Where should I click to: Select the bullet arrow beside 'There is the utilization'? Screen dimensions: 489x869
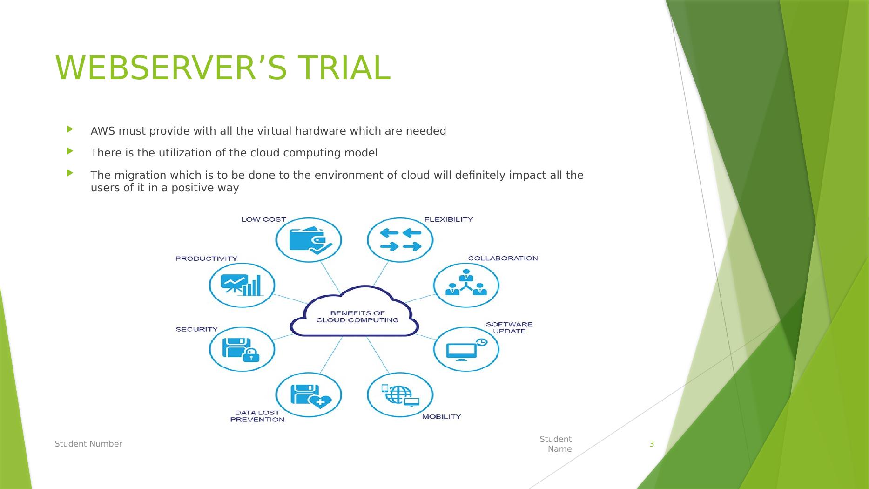click(x=70, y=151)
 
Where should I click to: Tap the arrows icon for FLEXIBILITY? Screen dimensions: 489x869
click(x=400, y=240)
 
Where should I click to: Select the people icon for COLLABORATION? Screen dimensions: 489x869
click(x=466, y=284)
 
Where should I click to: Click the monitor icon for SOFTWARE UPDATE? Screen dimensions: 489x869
click(x=465, y=349)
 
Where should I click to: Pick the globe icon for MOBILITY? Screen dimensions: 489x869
click(x=400, y=394)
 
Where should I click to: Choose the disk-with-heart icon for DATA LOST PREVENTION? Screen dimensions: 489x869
click(x=309, y=395)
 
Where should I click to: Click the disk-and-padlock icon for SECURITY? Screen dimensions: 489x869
click(x=242, y=349)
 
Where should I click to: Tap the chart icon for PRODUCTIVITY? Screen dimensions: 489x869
click(x=242, y=285)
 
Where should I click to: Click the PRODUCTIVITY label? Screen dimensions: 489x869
click(x=206, y=258)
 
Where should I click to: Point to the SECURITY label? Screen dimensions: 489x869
click(x=196, y=329)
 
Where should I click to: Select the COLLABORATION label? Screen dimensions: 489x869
click(x=503, y=258)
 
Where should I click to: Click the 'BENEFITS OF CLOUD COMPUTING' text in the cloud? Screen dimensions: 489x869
click(x=357, y=317)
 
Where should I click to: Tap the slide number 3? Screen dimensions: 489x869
click(x=652, y=444)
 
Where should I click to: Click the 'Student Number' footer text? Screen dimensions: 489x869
click(x=88, y=444)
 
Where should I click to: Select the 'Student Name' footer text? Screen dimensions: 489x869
click(x=557, y=444)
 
